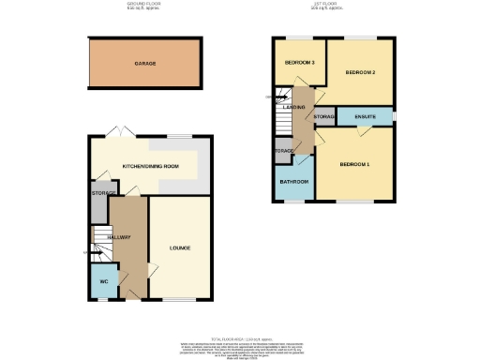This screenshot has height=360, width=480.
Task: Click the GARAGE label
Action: click(x=143, y=63)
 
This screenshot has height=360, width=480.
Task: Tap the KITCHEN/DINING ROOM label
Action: click(x=151, y=166)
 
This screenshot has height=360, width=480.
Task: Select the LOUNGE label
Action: click(x=180, y=248)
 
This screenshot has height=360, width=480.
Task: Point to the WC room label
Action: click(x=105, y=279)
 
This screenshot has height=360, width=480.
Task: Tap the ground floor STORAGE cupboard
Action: click(x=100, y=193)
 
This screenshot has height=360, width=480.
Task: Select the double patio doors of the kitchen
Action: click(x=114, y=134)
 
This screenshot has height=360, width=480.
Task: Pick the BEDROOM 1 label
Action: click(x=353, y=165)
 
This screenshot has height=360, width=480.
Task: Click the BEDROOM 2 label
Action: click(x=359, y=72)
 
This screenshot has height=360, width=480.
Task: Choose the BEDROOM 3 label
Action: click(x=299, y=63)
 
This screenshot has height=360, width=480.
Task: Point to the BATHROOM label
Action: click(x=294, y=182)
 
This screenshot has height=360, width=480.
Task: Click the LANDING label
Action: click(x=302, y=106)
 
